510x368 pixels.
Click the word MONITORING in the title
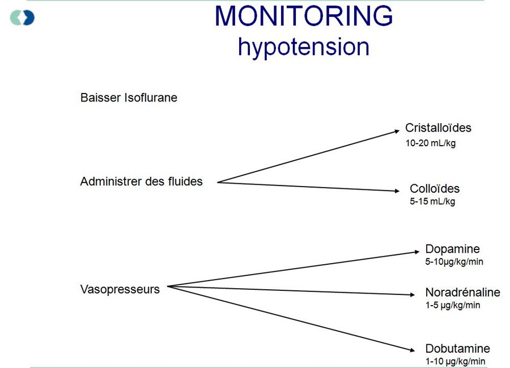[304, 16]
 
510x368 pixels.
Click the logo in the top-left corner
[22, 18]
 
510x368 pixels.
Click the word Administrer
[111, 181]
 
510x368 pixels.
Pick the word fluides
[185, 181]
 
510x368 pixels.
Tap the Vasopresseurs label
[120, 290]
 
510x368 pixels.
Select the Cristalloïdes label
[438, 128]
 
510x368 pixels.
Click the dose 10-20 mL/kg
[430, 143]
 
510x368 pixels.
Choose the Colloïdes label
[435, 189]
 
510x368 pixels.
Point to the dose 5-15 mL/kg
[432, 201]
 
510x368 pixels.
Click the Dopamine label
[452, 249]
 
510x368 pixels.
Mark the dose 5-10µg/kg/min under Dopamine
[454, 262]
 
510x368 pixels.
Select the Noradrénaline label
[462, 292]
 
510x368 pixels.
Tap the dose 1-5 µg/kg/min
[452, 305]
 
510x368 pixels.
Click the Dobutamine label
[458, 349]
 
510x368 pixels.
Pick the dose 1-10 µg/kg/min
[455, 361]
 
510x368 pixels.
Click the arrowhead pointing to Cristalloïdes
[397, 131]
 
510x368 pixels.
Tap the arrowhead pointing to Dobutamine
[412, 350]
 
